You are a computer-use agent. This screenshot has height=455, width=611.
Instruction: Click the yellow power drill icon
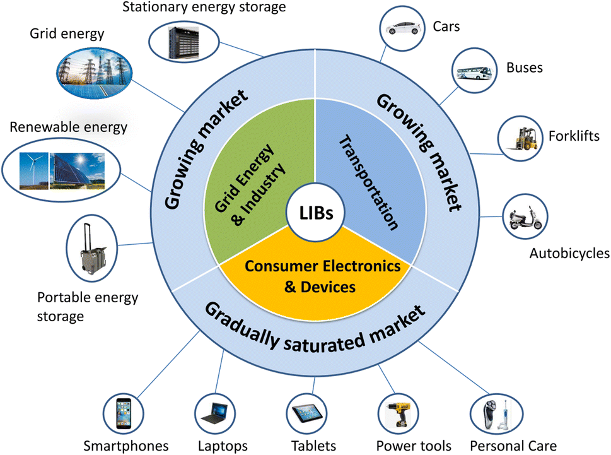click(399, 415)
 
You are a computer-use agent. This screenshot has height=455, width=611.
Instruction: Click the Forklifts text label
click(574, 136)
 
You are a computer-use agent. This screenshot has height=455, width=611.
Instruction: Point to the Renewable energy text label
click(68, 127)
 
